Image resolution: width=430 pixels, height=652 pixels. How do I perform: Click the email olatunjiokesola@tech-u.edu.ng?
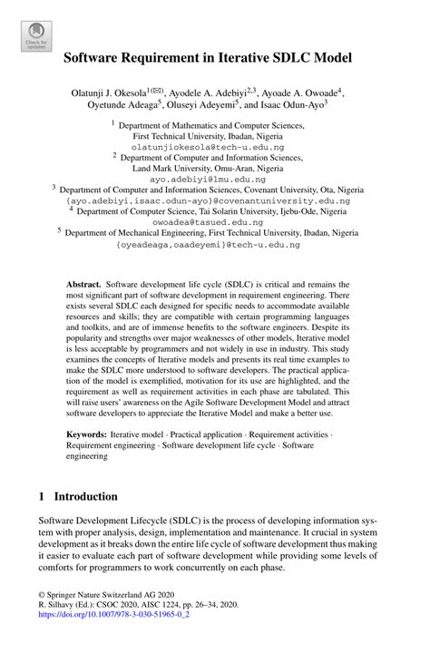point(215,145)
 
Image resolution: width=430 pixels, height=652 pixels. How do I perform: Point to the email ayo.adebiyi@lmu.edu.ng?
point(215,180)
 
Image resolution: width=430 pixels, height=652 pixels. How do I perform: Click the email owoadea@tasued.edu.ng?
point(215,220)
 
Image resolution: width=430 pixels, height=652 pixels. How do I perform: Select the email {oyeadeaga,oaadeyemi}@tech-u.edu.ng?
point(215,244)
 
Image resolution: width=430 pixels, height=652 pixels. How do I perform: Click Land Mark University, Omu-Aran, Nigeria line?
point(215,169)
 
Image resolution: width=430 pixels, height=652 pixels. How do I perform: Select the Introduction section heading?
point(86,497)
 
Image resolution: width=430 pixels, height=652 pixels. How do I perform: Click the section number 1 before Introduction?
point(43,497)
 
